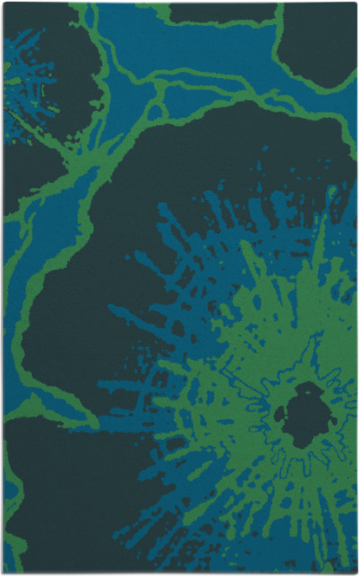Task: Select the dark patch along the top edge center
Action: pos(210,12)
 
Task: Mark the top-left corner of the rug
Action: pos(4,4)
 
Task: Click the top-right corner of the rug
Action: pos(355,4)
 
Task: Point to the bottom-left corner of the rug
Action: pos(4,572)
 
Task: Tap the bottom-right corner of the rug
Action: pos(355,572)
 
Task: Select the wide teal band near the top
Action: pos(215,54)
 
